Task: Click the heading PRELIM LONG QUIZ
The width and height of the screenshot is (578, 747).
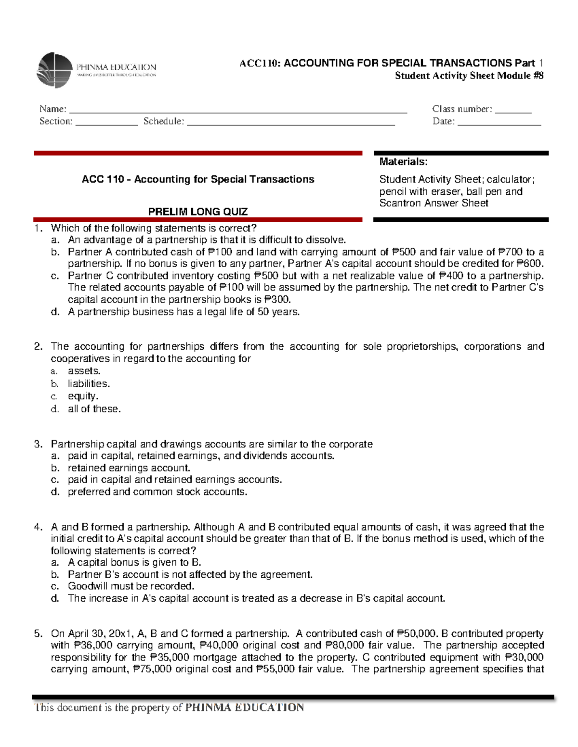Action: (197, 212)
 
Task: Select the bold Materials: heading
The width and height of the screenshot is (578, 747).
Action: (403, 162)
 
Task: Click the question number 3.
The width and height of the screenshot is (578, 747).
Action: (38, 444)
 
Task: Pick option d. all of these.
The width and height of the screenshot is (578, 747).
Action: (94, 409)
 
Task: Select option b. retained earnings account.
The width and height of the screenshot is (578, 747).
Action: (129, 468)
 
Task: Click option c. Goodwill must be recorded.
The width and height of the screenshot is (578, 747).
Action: (131, 586)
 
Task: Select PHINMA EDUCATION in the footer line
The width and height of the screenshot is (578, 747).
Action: (245, 707)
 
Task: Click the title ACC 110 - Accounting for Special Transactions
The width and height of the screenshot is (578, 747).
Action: (198, 179)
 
